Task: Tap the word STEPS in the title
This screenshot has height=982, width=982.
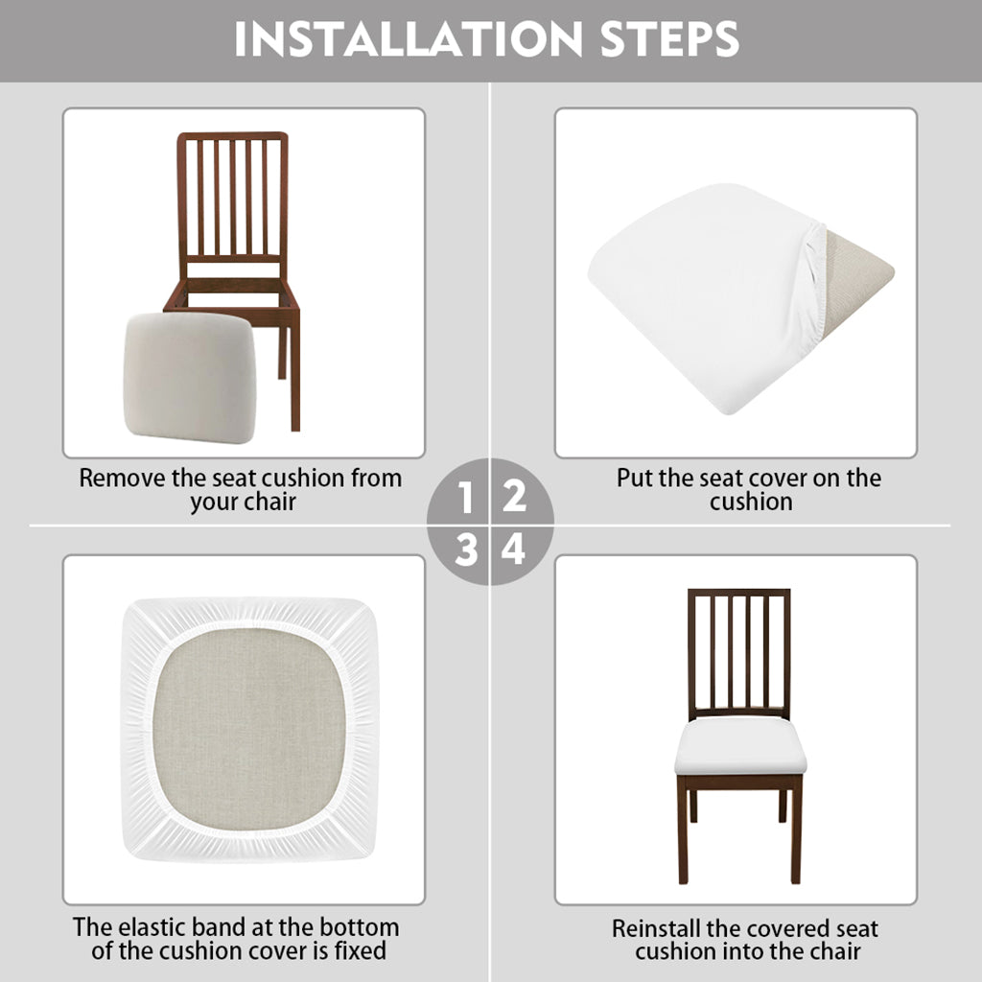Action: click(669, 38)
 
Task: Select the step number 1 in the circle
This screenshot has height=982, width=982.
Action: click(465, 498)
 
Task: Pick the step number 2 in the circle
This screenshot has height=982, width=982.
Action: click(514, 497)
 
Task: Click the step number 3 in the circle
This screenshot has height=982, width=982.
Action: click(467, 550)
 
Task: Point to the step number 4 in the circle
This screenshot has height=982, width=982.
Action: click(514, 549)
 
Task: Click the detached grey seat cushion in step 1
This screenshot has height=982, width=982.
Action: click(190, 377)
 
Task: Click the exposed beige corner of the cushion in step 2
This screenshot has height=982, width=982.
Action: click(856, 269)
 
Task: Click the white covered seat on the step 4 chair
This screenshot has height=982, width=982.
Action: click(740, 746)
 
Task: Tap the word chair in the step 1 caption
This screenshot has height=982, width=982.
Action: click(269, 502)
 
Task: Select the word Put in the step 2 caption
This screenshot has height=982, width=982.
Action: click(635, 478)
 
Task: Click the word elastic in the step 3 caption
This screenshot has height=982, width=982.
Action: click(154, 927)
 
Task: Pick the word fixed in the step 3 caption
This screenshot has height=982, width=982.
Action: click(361, 950)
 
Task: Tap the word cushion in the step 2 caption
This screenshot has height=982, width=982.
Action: click(752, 502)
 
